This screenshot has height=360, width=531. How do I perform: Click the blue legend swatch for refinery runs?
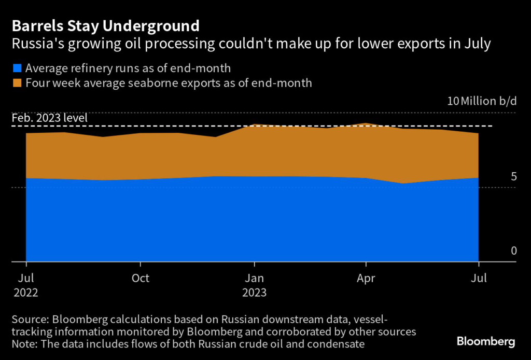click(x=17, y=68)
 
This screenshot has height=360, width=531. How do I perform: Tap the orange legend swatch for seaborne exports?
click(x=17, y=83)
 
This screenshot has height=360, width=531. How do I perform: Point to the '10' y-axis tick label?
click(x=453, y=101)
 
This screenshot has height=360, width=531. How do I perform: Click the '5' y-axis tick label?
click(x=514, y=177)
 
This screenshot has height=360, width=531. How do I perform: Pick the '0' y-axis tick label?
click(x=514, y=251)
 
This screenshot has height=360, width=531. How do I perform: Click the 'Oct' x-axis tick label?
click(x=140, y=278)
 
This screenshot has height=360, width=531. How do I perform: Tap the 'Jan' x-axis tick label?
click(x=254, y=278)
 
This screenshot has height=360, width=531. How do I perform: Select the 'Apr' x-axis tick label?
click(x=366, y=278)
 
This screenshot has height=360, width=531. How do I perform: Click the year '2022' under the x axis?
click(x=26, y=293)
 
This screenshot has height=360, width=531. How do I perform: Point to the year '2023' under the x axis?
click(x=254, y=293)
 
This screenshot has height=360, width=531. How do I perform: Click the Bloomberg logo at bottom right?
click(x=485, y=341)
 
